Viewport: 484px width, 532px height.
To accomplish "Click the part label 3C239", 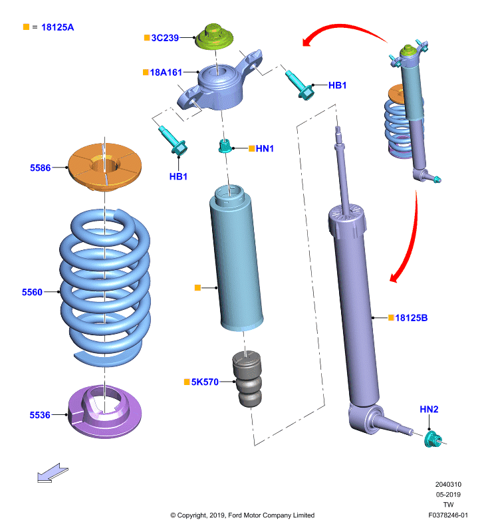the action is [x=165, y=38].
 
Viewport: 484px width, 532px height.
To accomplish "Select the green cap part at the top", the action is [x=214, y=37].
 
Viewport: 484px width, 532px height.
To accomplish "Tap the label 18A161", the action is [x=166, y=72].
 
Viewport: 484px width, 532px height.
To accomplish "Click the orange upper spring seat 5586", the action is [x=105, y=167].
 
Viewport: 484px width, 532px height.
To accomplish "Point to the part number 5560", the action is [x=32, y=292].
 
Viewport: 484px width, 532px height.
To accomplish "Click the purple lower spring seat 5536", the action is [x=105, y=412].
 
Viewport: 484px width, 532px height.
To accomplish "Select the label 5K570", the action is [x=205, y=382].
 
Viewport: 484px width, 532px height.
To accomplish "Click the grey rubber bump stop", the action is [x=247, y=379].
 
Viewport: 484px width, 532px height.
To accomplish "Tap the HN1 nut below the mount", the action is [x=225, y=146].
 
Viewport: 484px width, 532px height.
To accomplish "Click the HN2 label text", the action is [x=429, y=409].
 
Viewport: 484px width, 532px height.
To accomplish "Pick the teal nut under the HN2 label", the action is [x=433, y=439].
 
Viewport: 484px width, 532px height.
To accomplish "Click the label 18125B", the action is [x=412, y=318].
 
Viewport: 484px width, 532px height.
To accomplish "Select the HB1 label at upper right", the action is [x=338, y=85].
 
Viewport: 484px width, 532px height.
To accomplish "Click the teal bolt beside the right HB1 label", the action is [x=299, y=84].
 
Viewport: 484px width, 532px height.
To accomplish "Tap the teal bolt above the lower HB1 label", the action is [x=173, y=140].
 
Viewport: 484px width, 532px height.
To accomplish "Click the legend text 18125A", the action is [x=57, y=27].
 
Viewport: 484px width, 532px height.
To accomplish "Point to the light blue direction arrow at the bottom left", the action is [x=53, y=473].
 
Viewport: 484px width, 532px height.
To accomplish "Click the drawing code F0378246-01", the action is [x=448, y=515].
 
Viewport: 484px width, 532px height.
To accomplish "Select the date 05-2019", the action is [x=448, y=494].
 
